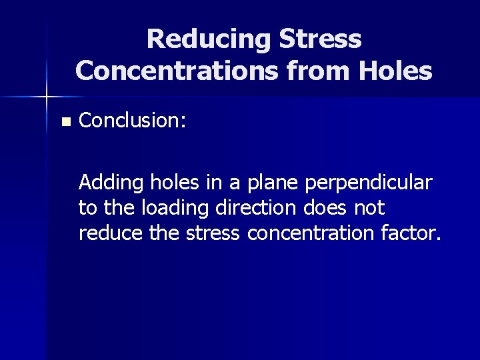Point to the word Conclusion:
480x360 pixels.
tap(132, 121)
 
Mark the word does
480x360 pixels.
tap(325, 208)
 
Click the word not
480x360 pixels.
tap(369, 208)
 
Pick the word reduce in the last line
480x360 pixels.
tap(105, 233)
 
